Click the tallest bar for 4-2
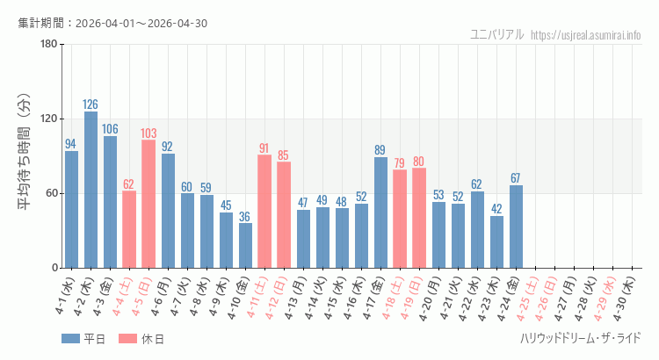pyautogui.click(x=91, y=190)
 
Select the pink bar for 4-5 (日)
pyautogui.click(x=148, y=204)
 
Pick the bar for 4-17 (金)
pyautogui.click(x=380, y=212)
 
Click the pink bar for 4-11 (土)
pyautogui.click(x=264, y=211)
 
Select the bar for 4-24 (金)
pyautogui.click(x=516, y=226)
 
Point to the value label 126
pyautogui.click(x=91, y=104)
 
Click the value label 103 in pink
pyautogui.click(x=148, y=133)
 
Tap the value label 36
pyautogui.click(x=245, y=216)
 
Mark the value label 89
pyautogui.click(x=380, y=150)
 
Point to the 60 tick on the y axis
pyautogui.click(x=51, y=193)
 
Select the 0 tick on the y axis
pyautogui.click(x=54, y=268)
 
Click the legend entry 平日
pyautogui.click(x=83, y=339)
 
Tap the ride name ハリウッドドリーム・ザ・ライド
pyautogui.click(x=580, y=338)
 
